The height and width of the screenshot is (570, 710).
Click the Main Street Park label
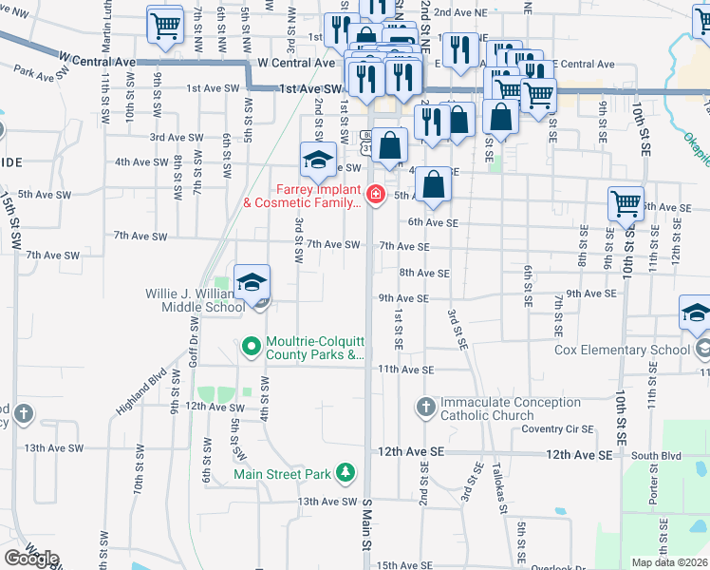point(284,473)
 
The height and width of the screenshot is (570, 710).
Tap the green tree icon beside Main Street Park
point(346,472)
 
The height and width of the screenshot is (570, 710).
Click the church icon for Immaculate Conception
point(424,408)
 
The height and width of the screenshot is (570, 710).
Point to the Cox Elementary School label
point(622,350)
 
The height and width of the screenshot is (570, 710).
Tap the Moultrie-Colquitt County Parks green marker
point(252,347)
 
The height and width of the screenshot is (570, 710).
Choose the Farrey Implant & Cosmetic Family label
point(303,195)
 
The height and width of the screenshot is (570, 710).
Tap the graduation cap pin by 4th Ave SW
point(318,160)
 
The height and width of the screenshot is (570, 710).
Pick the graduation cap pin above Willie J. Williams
point(252,282)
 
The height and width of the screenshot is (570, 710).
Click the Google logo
point(31,558)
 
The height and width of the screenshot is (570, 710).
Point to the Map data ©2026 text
point(670,562)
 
